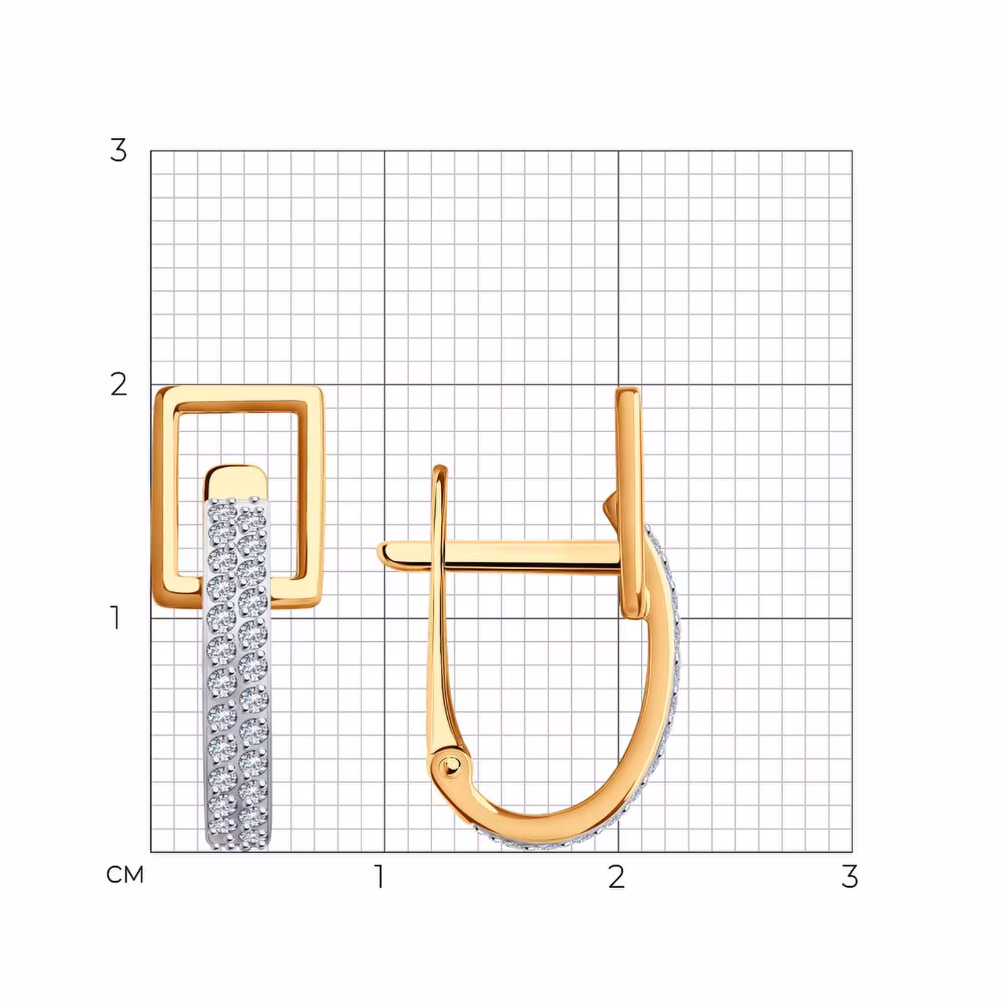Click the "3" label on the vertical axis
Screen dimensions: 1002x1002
[x=118, y=150]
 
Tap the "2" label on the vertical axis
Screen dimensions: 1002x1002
[x=118, y=384]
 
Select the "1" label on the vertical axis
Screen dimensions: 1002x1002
[x=115, y=617]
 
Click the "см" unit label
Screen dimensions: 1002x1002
[x=125, y=874]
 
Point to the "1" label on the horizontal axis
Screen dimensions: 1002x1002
[x=379, y=876]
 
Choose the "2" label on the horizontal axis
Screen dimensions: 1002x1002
[x=616, y=876]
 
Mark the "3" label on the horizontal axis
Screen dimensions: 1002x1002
[x=849, y=876]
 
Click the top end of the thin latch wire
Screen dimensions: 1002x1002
[x=440, y=468]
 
